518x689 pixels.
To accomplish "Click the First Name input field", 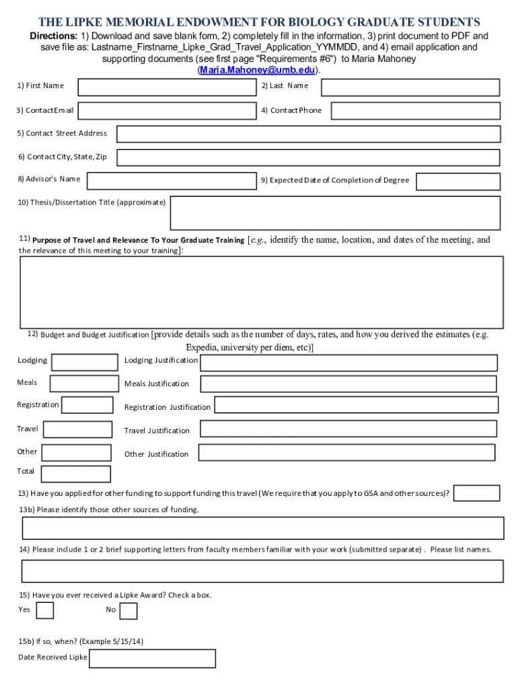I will click(x=167, y=87).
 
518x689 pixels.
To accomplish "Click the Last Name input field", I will click(x=410, y=87).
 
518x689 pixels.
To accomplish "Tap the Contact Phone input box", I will click(x=415, y=111).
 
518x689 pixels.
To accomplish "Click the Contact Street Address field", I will click(x=308, y=134).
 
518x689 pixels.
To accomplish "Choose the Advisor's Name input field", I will click(x=172, y=180).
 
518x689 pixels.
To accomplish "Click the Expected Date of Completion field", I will click(x=457, y=182).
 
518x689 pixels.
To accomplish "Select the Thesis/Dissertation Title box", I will click(x=335, y=213).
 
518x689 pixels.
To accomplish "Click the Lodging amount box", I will click(x=85, y=362).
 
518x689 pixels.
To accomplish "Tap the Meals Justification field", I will click(x=348, y=384).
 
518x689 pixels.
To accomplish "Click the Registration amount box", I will click(x=87, y=405).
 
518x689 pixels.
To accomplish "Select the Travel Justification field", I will click(x=348, y=429).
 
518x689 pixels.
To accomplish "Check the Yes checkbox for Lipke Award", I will click(x=45, y=610).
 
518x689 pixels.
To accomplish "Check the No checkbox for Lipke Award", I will click(x=128, y=611).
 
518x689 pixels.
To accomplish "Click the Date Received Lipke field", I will click(x=152, y=658).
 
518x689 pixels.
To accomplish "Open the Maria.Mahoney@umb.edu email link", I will click(x=258, y=70).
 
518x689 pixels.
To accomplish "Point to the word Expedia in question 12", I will click(x=202, y=348).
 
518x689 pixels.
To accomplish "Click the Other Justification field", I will click(x=347, y=453).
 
